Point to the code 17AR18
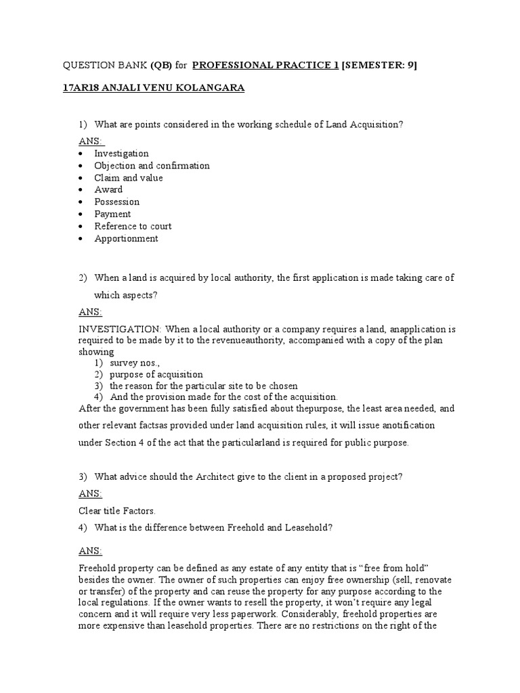point(80,88)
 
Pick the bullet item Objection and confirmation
point(152,166)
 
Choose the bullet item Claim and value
point(129,178)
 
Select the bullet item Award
point(108,189)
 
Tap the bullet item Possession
point(116,202)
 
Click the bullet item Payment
point(112,214)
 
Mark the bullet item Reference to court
point(133,226)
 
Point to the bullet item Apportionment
point(126,238)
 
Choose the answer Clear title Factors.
point(116,511)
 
